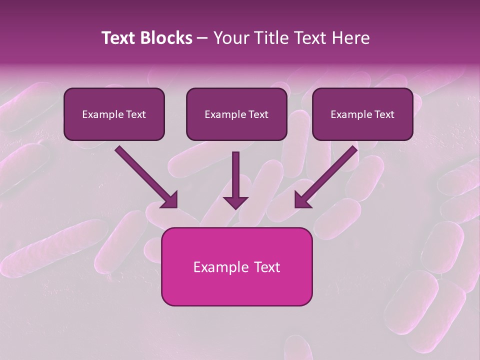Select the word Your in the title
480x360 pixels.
232,38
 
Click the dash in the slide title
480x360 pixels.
203,39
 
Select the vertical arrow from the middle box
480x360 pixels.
235,175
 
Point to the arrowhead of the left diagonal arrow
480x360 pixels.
170,200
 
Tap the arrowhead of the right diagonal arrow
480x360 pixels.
302,200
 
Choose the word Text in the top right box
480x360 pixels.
384,114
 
